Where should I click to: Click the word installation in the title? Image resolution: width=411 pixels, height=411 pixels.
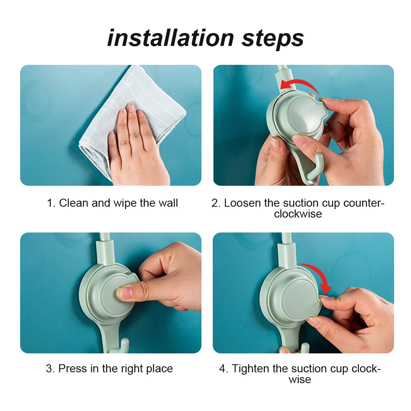171,38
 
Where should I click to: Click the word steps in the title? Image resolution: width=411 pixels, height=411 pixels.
272,39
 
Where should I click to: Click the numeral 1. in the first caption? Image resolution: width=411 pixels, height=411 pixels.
51,203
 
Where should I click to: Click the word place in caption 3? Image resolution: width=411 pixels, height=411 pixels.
158,369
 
